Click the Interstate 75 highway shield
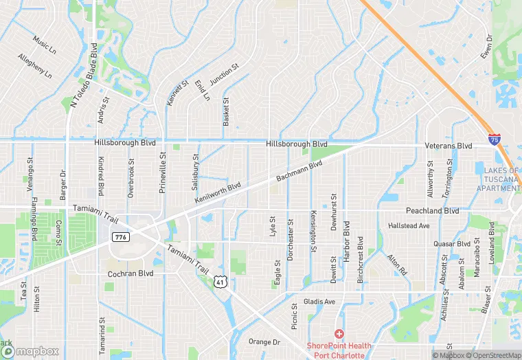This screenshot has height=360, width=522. [x=494, y=139]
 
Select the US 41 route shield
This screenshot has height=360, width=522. [x=220, y=282]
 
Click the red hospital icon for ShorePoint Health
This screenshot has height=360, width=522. [x=339, y=333]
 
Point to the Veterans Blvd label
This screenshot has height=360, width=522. [x=449, y=146]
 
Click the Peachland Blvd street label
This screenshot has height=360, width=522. [x=432, y=211]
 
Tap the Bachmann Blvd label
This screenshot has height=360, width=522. [x=299, y=172]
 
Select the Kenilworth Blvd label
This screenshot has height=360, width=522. [x=218, y=192]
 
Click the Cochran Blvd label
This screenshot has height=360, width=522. [x=130, y=273]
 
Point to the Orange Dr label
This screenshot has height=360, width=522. [x=264, y=341]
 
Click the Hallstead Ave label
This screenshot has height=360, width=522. [x=409, y=225]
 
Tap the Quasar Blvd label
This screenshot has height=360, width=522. [x=451, y=243]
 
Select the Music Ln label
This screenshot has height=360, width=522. [x=44, y=45]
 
